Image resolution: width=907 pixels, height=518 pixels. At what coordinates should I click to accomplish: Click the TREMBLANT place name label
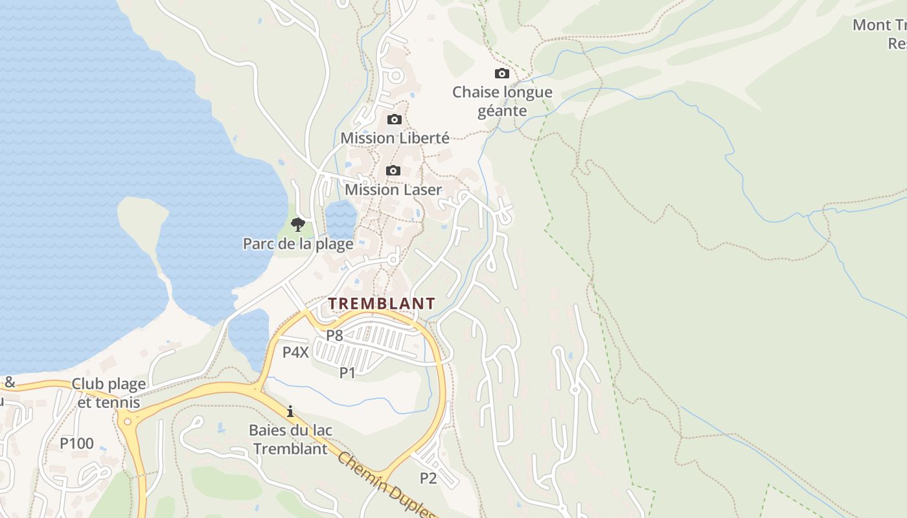pyautogui.click(x=381, y=303)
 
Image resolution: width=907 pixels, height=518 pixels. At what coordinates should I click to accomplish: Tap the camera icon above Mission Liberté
pyautogui.click(x=394, y=120)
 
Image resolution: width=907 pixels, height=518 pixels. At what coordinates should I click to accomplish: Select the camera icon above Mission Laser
pyautogui.click(x=393, y=171)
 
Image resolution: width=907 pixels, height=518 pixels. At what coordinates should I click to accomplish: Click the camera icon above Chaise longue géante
pyautogui.click(x=501, y=74)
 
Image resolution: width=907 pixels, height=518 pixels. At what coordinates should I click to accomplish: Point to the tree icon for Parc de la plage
pyautogui.click(x=297, y=225)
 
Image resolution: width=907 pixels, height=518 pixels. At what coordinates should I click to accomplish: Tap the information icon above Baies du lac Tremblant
pyautogui.click(x=290, y=411)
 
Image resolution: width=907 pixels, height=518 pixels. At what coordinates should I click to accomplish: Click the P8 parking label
pyautogui.click(x=334, y=335)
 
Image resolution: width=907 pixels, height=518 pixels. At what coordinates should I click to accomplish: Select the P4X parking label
pyautogui.click(x=295, y=352)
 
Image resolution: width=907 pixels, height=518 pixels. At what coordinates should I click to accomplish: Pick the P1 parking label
pyautogui.click(x=348, y=372)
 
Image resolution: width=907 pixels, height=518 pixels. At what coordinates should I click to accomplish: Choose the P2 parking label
pyautogui.click(x=428, y=478)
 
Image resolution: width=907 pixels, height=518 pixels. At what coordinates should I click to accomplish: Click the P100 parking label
pyautogui.click(x=76, y=444)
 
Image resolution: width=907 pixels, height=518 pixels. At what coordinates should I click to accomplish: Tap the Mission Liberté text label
pyautogui.click(x=395, y=138)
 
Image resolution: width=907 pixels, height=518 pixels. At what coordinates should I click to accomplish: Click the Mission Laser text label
pyautogui.click(x=393, y=190)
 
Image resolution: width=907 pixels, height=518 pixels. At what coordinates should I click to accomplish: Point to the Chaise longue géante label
pyautogui.click(x=502, y=102)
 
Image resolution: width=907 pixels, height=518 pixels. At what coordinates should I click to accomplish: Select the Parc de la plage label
pyautogui.click(x=298, y=244)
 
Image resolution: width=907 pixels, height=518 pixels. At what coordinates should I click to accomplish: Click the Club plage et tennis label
pyautogui.click(x=108, y=393)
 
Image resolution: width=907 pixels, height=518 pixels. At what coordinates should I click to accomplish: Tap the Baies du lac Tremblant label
pyautogui.click(x=290, y=439)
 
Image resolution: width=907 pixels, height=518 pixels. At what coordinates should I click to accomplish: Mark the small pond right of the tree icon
pyautogui.click(x=341, y=218)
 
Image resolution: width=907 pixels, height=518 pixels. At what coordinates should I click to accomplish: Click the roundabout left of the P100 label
pyautogui.click(x=126, y=422)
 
